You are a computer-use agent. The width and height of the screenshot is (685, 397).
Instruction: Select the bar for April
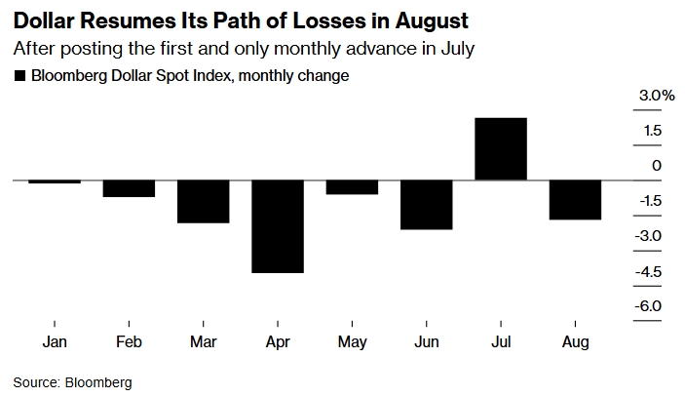point(278,226)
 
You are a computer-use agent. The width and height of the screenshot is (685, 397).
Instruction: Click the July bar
point(501,149)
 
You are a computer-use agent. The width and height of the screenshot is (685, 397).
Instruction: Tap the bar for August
point(575,200)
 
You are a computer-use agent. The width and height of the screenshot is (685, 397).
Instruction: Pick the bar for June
point(427,205)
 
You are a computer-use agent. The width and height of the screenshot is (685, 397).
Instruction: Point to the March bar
point(204,202)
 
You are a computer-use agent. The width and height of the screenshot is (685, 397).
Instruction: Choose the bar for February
point(129,189)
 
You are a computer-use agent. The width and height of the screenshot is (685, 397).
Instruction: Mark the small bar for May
point(352,187)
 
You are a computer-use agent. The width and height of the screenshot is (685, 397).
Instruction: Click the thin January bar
point(55,182)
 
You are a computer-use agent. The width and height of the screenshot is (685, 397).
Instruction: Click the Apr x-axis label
point(278,342)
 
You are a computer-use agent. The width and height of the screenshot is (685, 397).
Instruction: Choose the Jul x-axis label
point(501,342)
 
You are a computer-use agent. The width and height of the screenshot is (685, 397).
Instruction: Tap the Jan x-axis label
point(55,342)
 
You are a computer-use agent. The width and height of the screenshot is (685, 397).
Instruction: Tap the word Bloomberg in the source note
point(97,382)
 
